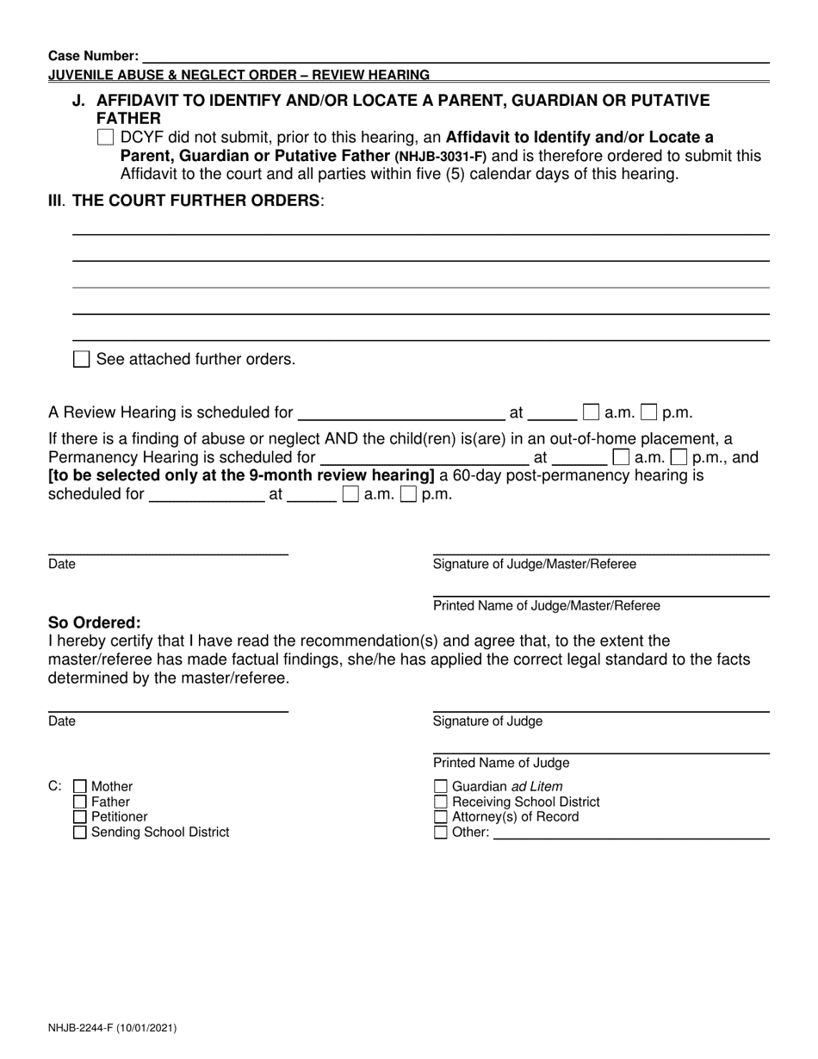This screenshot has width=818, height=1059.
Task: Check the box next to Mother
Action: tap(80, 786)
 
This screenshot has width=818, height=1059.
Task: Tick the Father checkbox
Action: tap(80, 802)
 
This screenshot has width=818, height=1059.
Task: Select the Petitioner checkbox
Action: tap(80, 817)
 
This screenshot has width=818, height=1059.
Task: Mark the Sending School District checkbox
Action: tap(80, 833)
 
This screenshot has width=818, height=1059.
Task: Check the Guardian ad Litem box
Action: tap(441, 786)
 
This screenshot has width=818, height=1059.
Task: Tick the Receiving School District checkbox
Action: tap(441, 802)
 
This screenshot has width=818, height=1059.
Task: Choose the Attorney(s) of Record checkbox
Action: tap(441, 817)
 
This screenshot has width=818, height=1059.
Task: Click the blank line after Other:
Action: tap(630, 833)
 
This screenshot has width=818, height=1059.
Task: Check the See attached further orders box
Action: tap(81, 359)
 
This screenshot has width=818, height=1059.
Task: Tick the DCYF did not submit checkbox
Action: tap(105, 137)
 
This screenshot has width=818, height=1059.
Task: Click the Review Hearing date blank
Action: tap(400, 412)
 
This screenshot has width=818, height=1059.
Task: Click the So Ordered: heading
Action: tap(95, 622)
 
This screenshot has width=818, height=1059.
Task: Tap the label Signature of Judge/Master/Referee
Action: tap(535, 564)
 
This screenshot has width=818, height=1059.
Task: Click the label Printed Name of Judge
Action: tap(501, 763)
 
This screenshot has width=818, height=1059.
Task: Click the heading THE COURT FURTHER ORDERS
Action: tap(196, 201)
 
